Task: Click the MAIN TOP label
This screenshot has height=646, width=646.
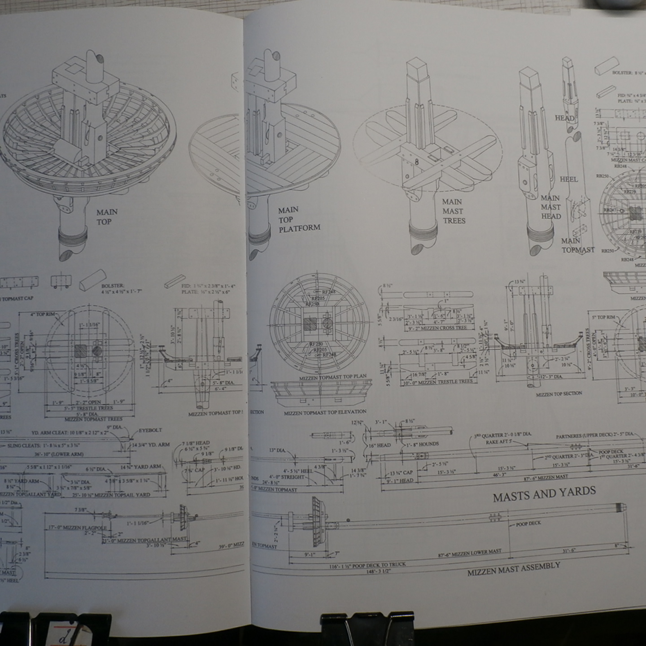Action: tap(107, 217)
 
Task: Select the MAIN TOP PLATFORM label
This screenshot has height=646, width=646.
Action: tap(299, 219)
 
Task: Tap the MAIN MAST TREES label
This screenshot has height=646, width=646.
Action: tap(454, 211)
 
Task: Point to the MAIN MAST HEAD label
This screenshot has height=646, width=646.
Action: tap(550, 207)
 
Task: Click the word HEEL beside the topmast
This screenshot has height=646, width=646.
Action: tap(569, 179)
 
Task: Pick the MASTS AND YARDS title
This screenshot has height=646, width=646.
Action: tap(544, 494)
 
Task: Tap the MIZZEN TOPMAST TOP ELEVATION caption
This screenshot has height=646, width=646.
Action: tap(325, 412)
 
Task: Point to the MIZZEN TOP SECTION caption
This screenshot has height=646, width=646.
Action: tap(559, 394)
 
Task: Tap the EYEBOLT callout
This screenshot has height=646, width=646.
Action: tap(150, 430)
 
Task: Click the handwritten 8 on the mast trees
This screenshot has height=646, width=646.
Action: tap(416, 162)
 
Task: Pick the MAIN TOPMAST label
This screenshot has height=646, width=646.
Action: tap(577, 245)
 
